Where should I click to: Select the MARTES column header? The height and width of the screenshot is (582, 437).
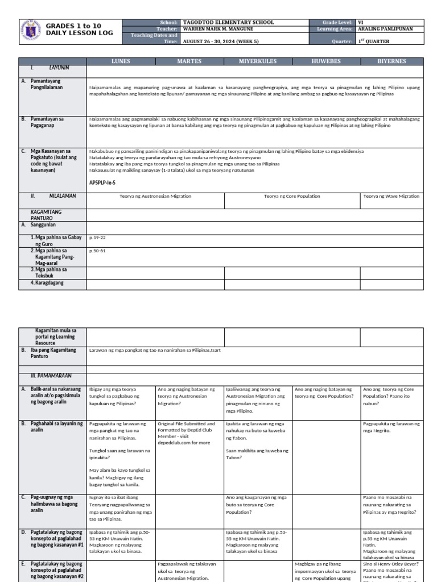[189, 61]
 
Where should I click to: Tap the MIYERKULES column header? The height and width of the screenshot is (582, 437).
[258, 61]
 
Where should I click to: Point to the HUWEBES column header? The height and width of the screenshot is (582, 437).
[326, 61]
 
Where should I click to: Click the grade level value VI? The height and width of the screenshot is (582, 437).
[360, 22]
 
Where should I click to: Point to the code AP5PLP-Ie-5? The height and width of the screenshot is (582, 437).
[106, 182]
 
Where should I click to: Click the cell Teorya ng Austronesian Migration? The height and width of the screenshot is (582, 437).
[155, 196]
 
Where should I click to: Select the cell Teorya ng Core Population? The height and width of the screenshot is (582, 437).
[292, 196]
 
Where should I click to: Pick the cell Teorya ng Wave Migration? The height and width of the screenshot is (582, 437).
[391, 196]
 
